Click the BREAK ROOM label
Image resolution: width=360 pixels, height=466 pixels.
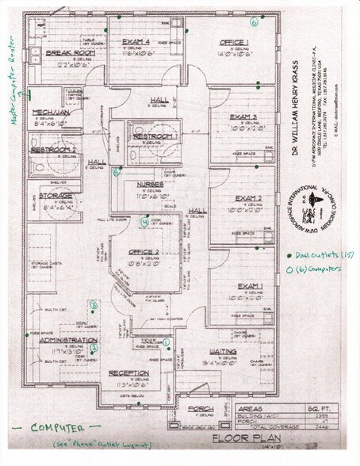coord(71,52)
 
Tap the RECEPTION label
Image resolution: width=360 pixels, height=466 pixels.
coord(129,372)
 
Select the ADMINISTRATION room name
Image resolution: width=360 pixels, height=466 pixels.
coord(67,339)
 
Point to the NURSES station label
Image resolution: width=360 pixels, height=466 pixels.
coord(150,185)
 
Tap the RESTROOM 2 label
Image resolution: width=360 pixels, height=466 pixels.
coord(53,149)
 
